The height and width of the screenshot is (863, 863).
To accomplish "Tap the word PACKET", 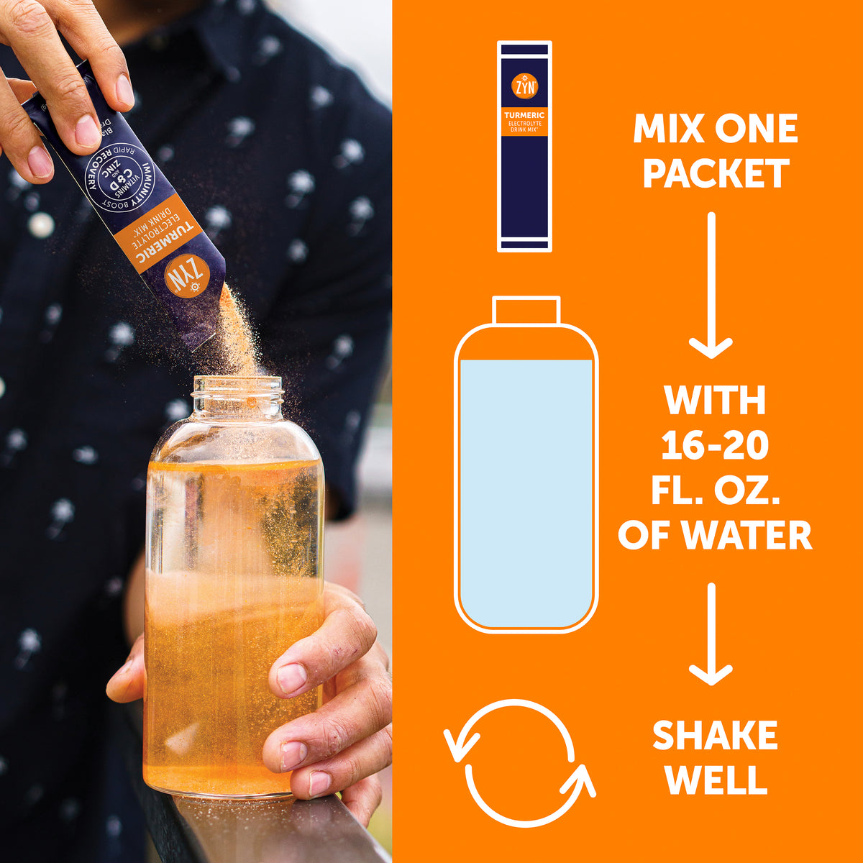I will (x=716, y=174).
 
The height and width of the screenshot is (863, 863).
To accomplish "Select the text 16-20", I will (x=715, y=447).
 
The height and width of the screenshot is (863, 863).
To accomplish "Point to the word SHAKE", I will (x=715, y=736).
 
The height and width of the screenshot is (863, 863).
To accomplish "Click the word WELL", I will (x=715, y=780).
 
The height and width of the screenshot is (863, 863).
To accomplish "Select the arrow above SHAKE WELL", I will (x=711, y=634).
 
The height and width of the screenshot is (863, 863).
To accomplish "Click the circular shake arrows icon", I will (x=520, y=763).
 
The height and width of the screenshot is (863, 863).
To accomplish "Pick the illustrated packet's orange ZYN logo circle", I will (x=524, y=86).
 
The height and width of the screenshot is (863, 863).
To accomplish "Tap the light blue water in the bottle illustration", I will (x=526, y=489).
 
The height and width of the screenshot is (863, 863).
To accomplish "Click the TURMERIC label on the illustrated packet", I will (x=524, y=115).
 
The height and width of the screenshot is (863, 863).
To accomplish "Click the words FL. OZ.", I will (x=715, y=491).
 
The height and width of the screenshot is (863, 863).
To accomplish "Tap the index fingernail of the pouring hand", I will (x=88, y=132).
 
